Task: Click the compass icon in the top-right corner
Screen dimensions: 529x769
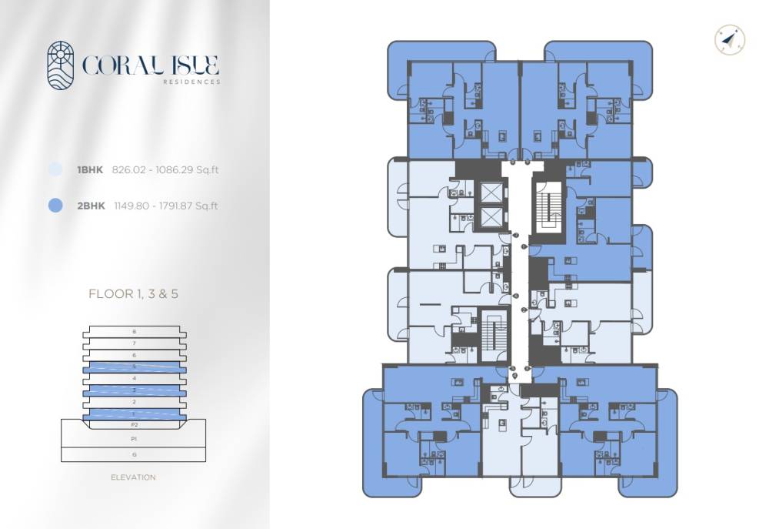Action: tap(729, 40)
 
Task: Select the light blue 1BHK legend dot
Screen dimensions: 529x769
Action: tap(55, 169)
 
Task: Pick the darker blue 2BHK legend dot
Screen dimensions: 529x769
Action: tap(55, 206)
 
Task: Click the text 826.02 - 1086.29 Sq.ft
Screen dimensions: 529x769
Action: tap(165, 169)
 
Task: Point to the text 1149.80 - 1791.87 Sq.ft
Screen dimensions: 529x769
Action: tap(165, 206)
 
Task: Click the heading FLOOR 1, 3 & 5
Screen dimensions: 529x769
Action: tap(134, 293)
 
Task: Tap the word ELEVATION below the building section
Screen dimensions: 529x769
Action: tap(134, 477)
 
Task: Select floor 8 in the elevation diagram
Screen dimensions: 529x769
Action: tap(134, 332)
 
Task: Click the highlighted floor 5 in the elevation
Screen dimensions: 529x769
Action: tap(134, 367)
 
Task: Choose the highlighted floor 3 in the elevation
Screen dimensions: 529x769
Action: tap(134, 390)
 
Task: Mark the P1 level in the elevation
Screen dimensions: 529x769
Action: tap(134, 438)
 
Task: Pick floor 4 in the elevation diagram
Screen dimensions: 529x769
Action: tap(134, 379)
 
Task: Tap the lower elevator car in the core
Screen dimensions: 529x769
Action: tap(490, 219)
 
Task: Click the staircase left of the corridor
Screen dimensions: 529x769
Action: tap(490, 336)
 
